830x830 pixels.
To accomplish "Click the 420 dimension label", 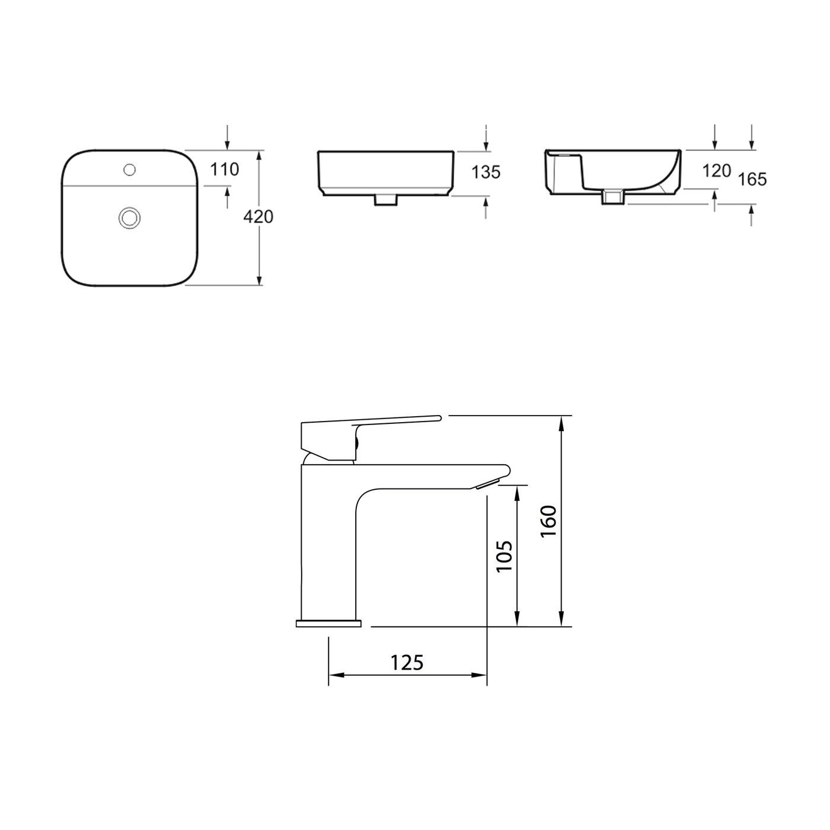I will coord(259,217).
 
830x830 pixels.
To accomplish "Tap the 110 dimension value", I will coord(225,170).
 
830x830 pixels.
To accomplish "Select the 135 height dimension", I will coord(486,172).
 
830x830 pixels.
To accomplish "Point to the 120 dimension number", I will coord(716,171).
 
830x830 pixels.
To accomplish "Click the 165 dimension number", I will coord(753,178).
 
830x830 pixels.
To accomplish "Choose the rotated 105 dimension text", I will coord(504,556).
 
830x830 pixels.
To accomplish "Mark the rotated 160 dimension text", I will coord(548,521).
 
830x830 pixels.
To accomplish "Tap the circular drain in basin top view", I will coord(129,218).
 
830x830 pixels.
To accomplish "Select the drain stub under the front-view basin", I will coord(386,200).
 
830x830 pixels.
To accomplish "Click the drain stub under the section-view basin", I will coord(614,197).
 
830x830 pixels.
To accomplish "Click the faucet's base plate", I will coord(328,623).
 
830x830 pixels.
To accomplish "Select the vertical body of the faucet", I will coord(328,545).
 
